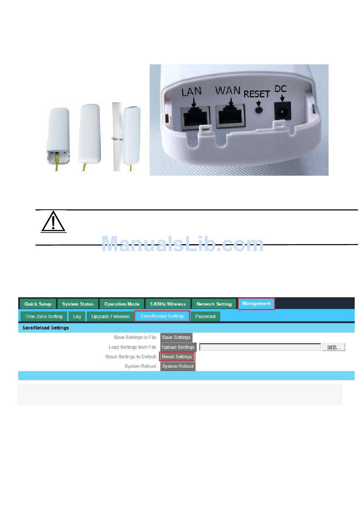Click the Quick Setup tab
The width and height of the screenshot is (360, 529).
coord(38,304)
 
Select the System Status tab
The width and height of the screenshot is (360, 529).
coord(78,304)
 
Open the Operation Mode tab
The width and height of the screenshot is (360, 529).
coord(122,304)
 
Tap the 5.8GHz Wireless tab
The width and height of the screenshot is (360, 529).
coord(168,304)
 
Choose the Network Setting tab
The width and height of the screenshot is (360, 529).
coord(214,304)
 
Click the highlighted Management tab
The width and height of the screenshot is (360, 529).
coord(256,303)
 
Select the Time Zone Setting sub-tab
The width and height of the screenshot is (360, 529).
coord(44,316)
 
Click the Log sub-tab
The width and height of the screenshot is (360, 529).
coord(77,316)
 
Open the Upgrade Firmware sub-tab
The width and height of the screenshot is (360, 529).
coord(110,316)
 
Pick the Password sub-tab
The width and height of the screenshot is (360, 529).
coord(205,316)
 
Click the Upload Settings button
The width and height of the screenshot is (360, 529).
coord(178,347)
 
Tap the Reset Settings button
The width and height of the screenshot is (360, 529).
coord(177,356)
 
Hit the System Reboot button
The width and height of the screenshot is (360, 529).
coord(178,366)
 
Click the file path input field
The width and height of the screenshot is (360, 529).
coord(260,347)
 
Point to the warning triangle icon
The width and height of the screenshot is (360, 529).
coord(53,222)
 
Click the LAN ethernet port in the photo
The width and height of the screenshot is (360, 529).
coord(196,117)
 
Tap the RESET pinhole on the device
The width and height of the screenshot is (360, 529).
coord(259,109)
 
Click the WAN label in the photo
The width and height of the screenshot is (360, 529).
coord(228,91)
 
